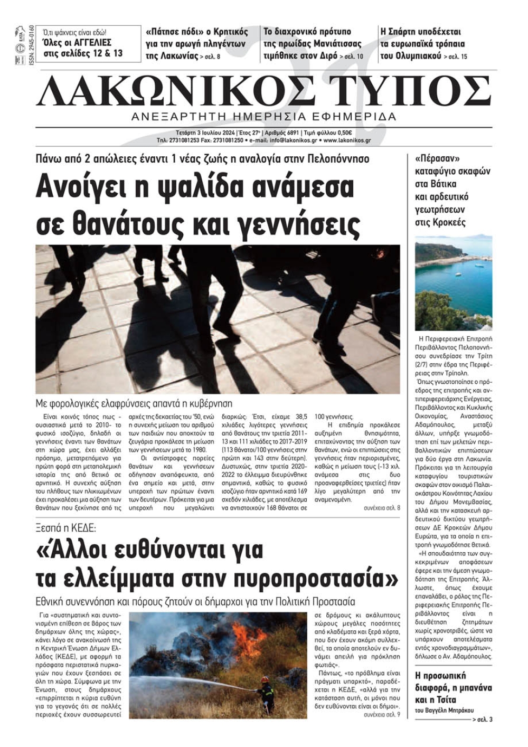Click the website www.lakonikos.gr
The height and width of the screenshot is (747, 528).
[x=347, y=141]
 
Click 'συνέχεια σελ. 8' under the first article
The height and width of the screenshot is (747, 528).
[x=382, y=508]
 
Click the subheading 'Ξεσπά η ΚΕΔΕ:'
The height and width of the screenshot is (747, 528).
[x=66, y=527]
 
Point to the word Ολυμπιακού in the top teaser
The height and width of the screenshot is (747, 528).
[x=410, y=55]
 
